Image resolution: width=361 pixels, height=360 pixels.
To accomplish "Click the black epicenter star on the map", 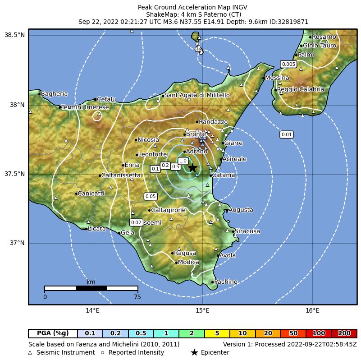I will (x=192, y=168).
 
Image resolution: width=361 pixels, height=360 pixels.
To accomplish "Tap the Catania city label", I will (x=223, y=175).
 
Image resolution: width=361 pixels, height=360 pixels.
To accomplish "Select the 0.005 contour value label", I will (x=288, y=64).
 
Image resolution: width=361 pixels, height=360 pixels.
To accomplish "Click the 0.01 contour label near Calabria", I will (x=287, y=134).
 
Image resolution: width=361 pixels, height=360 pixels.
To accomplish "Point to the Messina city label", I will (x=277, y=78).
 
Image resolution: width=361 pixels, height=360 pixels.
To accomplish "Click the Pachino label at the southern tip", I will (x=225, y=282).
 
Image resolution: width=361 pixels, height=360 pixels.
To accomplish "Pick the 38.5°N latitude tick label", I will (x=14, y=35).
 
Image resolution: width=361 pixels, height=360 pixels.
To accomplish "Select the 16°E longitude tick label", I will (x=312, y=310).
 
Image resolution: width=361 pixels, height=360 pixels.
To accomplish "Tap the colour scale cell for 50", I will (x=293, y=333).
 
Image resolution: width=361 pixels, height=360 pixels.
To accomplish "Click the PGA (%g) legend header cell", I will (x=53, y=333).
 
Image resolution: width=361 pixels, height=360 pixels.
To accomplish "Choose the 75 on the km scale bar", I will (x=137, y=297).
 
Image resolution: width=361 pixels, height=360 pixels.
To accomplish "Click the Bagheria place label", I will (x=54, y=94).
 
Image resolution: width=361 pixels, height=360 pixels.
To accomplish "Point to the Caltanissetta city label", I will (x=121, y=175).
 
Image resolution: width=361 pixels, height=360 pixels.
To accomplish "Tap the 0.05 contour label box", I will (x=151, y=196).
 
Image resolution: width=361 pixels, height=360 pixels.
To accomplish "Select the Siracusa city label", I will (x=247, y=231).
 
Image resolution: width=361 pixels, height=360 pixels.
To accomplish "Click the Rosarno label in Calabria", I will (x=324, y=37).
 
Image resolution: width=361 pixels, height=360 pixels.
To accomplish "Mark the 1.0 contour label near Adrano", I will (x=183, y=161).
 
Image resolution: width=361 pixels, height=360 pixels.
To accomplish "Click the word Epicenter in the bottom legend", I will (x=215, y=352).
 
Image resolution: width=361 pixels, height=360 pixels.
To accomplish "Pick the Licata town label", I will (x=97, y=229).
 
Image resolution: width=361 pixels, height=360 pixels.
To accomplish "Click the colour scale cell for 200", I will (x=344, y=333).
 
